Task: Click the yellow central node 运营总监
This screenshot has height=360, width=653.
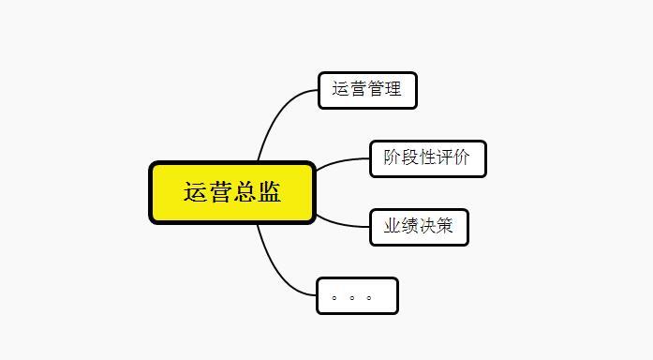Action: coord(232,193)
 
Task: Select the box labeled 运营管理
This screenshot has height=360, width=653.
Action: coord(366,91)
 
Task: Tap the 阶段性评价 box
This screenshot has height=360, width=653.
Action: coord(427,157)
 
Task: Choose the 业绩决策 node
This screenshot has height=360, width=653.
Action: coord(419,227)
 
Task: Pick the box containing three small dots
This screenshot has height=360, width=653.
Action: coord(357,296)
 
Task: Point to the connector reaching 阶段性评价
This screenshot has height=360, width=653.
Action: coord(342,162)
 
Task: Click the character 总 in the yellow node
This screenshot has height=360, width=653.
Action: coord(244,193)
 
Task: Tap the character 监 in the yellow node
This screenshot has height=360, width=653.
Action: coord(269,193)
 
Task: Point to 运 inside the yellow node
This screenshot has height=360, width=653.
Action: coord(195,193)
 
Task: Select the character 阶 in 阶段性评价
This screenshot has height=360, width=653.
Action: coord(393,157)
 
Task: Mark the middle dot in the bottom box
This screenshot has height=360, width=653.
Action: coord(351,299)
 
